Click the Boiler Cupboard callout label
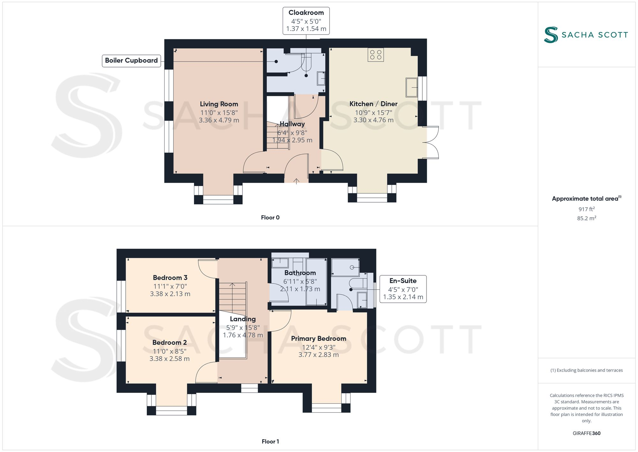(x=131, y=61)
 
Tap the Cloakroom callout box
(x=306, y=21)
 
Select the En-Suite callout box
(x=403, y=289)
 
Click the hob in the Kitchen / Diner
(x=375, y=55)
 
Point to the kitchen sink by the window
(x=412, y=87)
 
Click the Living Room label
(x=219, y=104)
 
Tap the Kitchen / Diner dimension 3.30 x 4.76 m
(x=373, y=120)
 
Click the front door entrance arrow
(x=296, y=181)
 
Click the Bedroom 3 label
(x=170, y=278)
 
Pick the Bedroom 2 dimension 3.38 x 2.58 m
(x=169, y=359)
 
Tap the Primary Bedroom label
(x=318, y=339)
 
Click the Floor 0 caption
(x=270, y=218)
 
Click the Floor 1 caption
(x=270, y=441)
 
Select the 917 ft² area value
(x=586, y=209)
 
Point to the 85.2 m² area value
(x=586, y=218)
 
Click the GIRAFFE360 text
(x=586, y=433)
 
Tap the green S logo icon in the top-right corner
(x=551, y=35)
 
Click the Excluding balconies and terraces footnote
(x=586, y=370)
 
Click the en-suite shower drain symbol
(x=352, y=267)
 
